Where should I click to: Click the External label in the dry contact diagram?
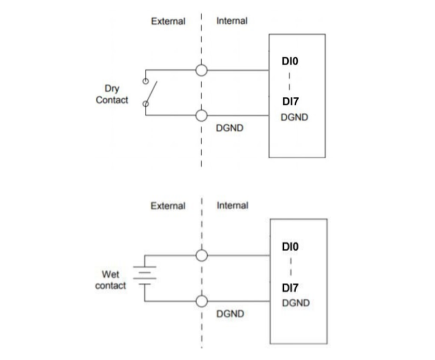[x=168, y=22]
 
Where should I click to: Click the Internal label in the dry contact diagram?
[x=232, y=21]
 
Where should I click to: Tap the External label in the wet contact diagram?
[x=168, y=206]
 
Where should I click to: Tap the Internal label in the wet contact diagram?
[x=232, y=206]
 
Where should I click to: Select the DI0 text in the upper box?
[x=290, y=61]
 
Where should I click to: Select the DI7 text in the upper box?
[x=291, y=101]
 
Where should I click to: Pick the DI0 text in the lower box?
[x=290, y=247]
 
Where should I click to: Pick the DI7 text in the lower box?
[x=290, y=288]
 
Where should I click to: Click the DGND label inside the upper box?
[x=295, y=117]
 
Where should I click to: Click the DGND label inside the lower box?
[x=296, y=303]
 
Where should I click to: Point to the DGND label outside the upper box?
[x=230, y=128]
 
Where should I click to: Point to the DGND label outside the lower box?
[x=231, y=314]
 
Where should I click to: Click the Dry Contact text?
[x=112, y=94]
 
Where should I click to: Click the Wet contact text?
[x=110, y=280]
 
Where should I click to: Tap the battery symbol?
[x=144, y=276]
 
